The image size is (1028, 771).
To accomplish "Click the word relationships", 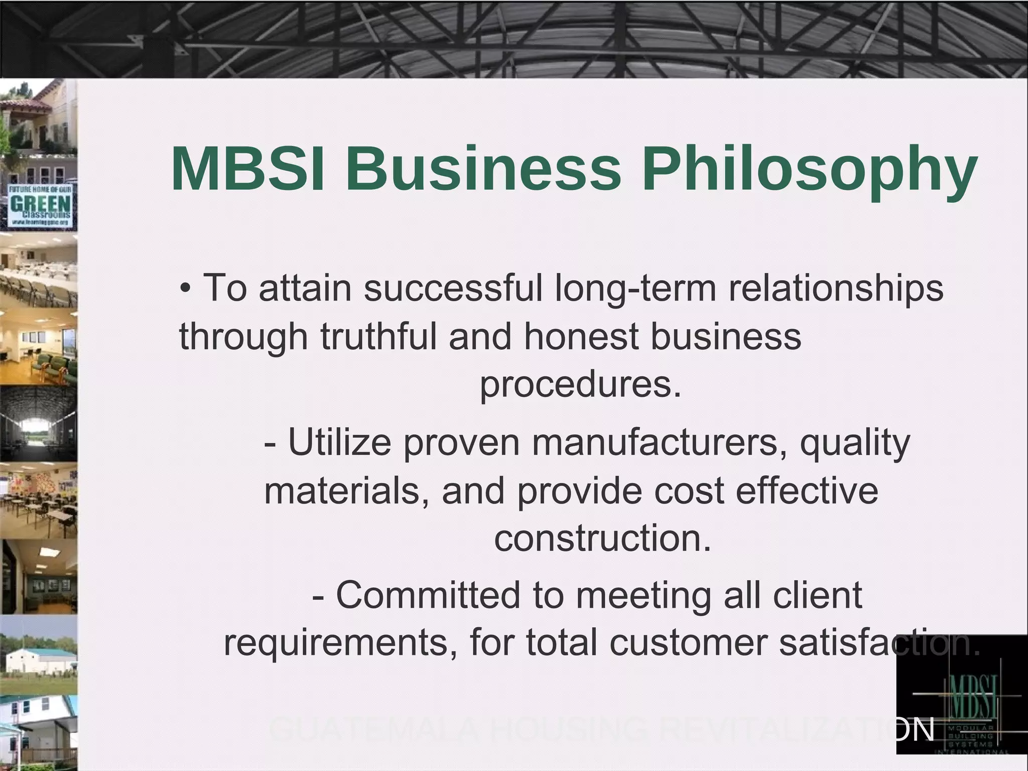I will (836, 290).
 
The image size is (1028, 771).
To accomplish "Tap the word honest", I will (581, 336).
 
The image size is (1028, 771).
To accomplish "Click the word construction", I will (603, 538).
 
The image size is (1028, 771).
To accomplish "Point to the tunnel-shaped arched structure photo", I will (39, 423).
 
